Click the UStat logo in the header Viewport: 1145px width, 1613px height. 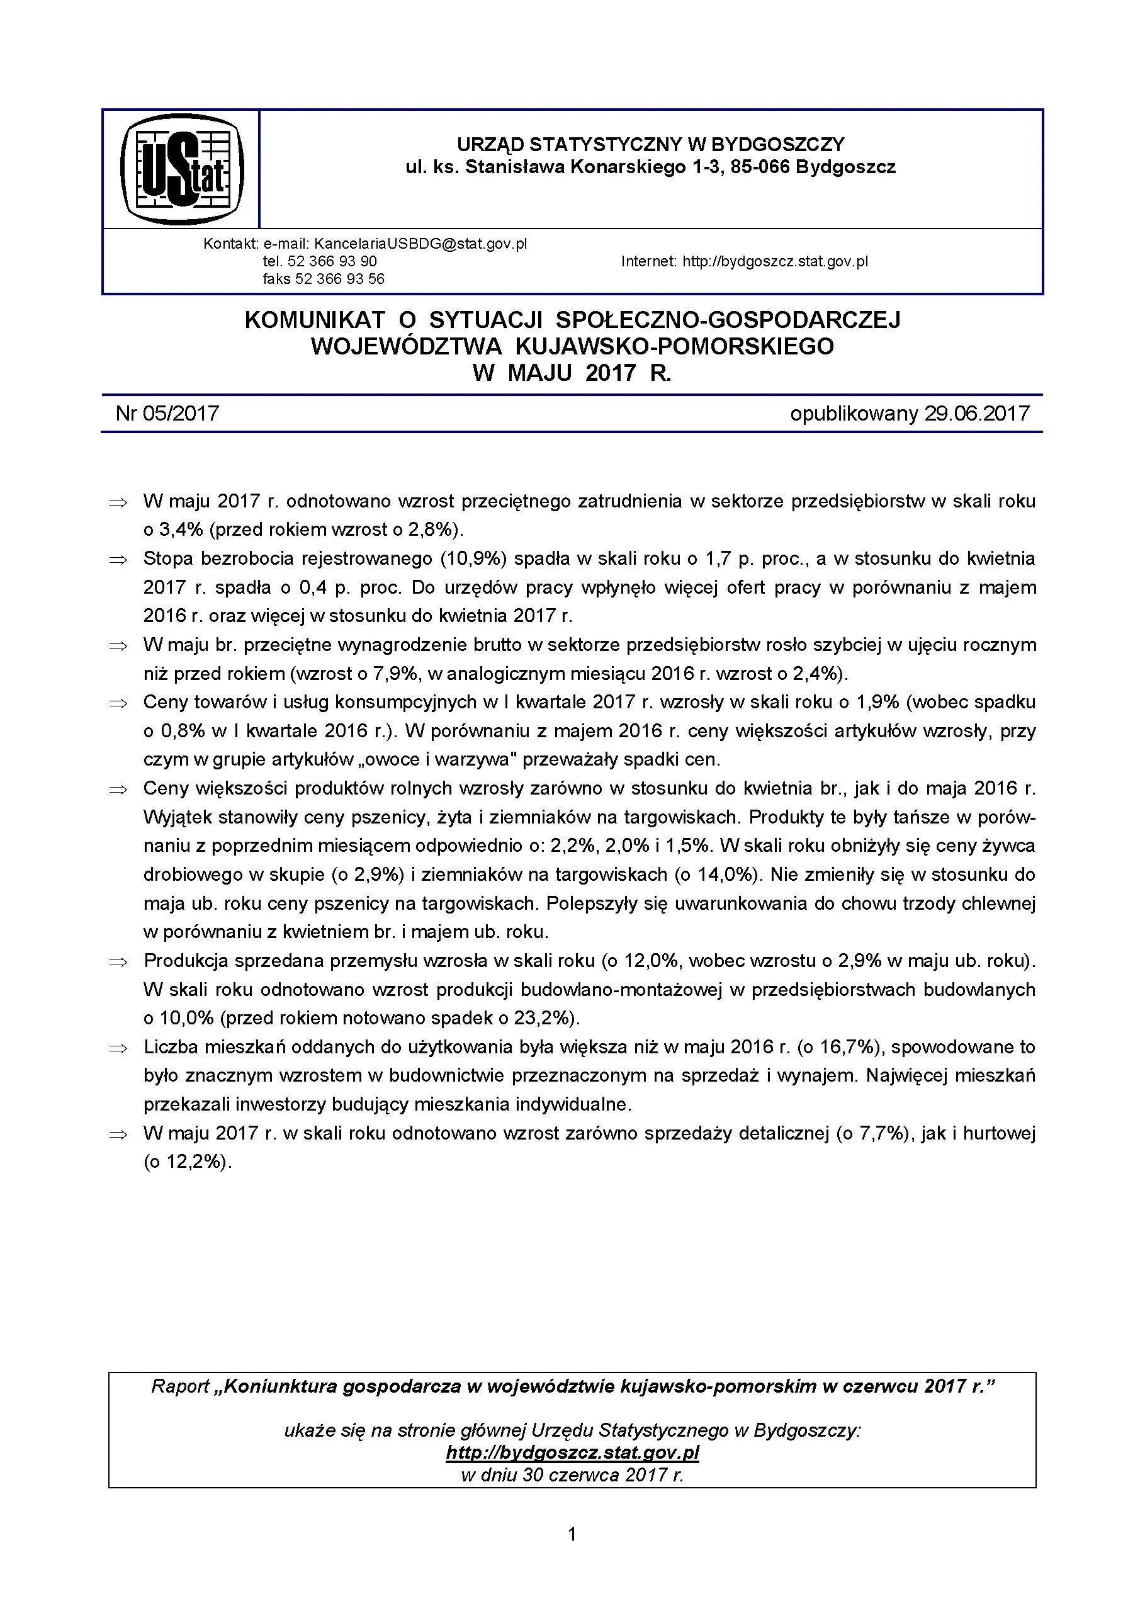182,169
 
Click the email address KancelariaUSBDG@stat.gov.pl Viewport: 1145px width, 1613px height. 420,244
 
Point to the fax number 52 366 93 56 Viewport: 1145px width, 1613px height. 341,279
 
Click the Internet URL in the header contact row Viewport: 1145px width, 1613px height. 775,261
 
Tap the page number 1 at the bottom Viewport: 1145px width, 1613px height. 572,1554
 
